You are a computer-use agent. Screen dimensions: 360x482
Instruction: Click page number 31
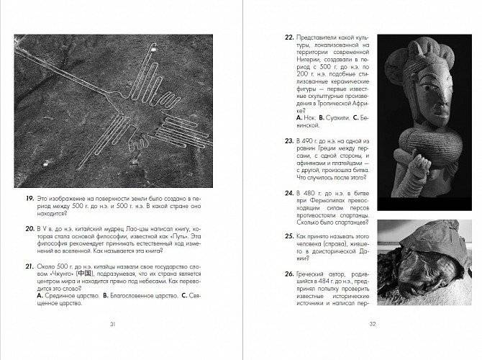(x=112, y=325)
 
